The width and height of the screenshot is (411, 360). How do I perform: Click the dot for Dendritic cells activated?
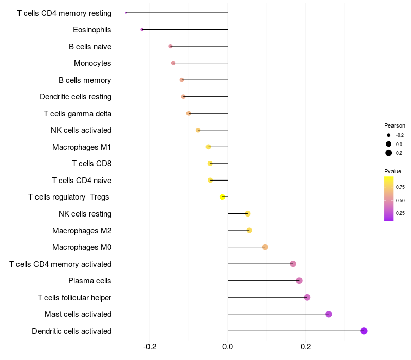[364, 331]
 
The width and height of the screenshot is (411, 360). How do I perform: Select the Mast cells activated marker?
[329, 314]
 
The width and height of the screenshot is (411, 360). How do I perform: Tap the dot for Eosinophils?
[142, 30]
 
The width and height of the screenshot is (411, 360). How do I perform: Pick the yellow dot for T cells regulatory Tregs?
[222, 197]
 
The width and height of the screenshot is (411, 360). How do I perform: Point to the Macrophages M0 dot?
[265, 247]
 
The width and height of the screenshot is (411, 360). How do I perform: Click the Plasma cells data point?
[299, 280]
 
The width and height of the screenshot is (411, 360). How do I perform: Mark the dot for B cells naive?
[171, 46]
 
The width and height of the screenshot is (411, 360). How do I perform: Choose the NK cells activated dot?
[198, 130]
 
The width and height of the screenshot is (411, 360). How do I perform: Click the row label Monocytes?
[92, 63]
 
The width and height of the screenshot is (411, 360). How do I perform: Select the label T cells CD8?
[92, 164]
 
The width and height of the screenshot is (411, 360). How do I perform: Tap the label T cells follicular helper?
[74, 298]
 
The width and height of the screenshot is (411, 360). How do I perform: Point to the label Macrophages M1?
[82, 147]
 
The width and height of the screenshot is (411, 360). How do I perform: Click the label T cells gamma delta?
[78, 114]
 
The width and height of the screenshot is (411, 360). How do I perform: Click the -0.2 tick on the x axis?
[150, 347]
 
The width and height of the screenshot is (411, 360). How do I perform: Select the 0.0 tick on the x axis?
[228, 347]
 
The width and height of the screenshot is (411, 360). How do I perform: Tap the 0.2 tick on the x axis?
[306, 347]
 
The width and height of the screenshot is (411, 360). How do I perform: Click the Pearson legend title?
[395, 125]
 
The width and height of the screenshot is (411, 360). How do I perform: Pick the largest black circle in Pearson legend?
[389, 153]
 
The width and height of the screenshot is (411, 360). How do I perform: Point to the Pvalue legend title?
[393, 171]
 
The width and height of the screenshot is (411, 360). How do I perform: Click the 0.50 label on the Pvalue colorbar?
[400, 201]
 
